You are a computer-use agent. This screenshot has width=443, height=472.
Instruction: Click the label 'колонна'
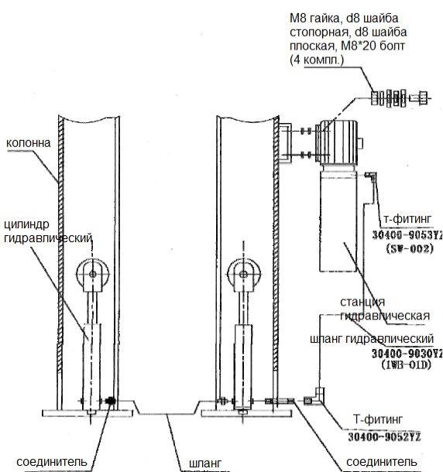point(29,143)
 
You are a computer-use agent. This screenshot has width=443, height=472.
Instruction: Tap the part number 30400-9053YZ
point(407,234)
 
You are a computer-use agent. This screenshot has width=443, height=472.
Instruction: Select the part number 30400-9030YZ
point(407,353)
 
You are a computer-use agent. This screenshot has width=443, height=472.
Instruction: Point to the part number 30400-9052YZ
point(385,436)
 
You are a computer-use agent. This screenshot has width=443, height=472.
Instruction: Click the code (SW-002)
point(410,248)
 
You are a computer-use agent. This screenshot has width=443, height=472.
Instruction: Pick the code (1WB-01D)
point(407,365)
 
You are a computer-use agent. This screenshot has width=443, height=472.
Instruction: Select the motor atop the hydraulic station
point(338,142)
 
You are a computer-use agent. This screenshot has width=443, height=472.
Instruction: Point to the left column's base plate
point(88,413)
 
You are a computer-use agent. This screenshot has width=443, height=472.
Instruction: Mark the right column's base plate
point(246,413)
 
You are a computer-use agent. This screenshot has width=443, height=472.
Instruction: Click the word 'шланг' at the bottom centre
point(205,463)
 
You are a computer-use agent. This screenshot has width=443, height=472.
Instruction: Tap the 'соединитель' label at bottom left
point(52,462)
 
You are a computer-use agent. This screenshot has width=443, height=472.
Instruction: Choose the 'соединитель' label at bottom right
point(382,462)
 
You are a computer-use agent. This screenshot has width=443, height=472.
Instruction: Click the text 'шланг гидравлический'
point(372,339)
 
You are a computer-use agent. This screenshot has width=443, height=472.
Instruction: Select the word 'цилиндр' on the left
point(26,224)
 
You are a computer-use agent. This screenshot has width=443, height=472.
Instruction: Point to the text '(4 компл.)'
point(317,60)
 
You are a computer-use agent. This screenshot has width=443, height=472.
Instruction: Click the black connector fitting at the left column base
point(111,401)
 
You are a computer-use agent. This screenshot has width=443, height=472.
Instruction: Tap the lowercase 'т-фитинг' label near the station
point(407,219)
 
